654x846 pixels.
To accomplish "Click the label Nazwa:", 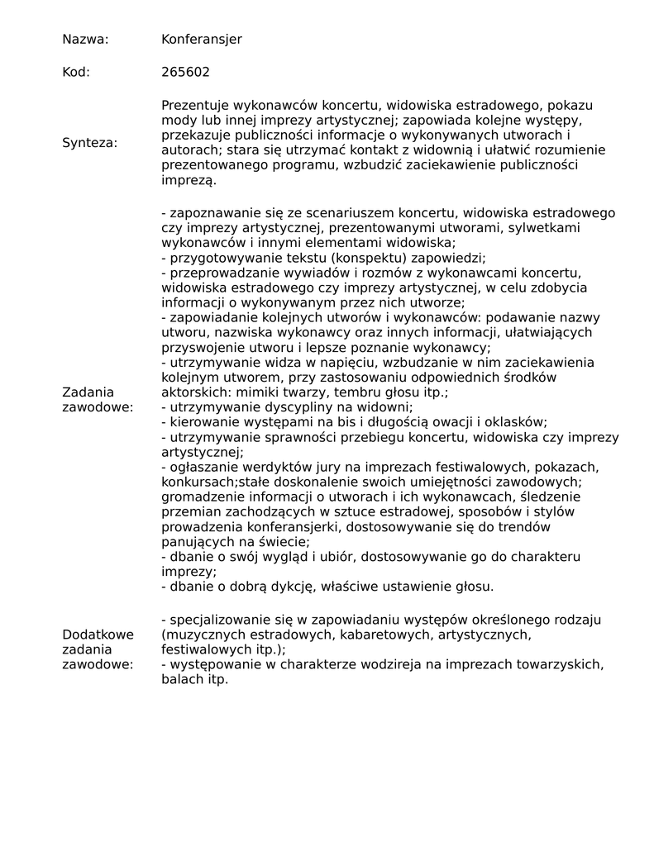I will point(85,40).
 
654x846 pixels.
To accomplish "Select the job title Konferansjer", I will point(202,40).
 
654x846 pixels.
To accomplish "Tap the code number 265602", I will point(185,72).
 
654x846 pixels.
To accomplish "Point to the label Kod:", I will point(76,72).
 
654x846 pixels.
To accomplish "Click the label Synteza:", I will point(89,143).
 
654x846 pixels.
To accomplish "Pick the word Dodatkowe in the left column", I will point(98,634).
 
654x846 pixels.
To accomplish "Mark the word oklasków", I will point(511,422).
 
